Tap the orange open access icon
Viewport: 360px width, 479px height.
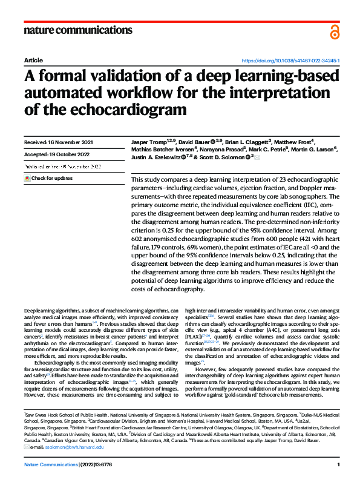pyautogui.click(x=335, y=31)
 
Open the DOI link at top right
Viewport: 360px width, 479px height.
pyautogui.click(x=290, y=61)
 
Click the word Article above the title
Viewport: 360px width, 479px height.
pyautogui.click(x=33, y=61)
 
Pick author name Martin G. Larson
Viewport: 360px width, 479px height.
pyautogui.click(x=310, y=150)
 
